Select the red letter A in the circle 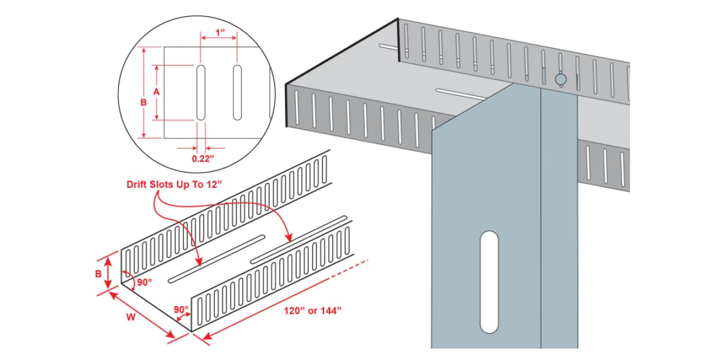pyautogui.click(x=156, y=92)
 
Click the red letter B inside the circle pyautogui.click(x=143, y=103)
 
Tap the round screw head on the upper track pyautogui.click(x=561, y=79)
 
